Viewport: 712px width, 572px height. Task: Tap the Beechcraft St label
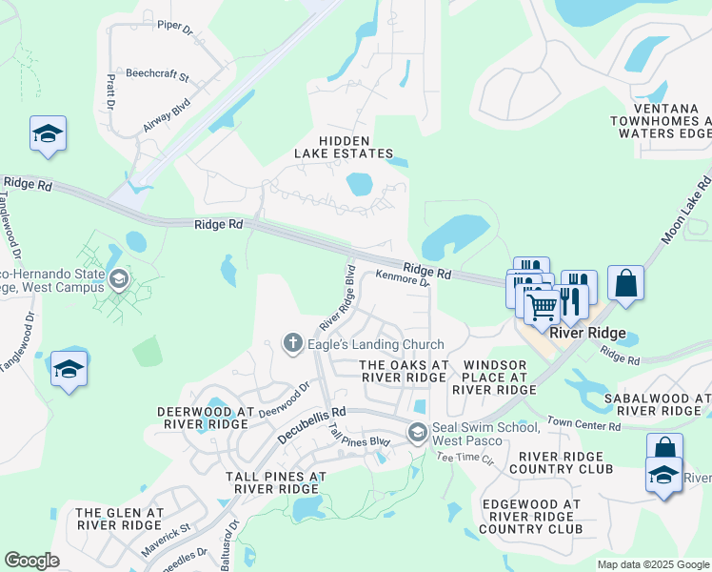pyautogui.click(x=158, y=72)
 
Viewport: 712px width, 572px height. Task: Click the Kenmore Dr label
pyautogui.click(x=403, y=278)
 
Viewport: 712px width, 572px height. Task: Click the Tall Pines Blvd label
pyautogui.click(x=359, y=439)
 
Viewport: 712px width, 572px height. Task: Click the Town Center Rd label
pyautogui.click(x=583, y=425)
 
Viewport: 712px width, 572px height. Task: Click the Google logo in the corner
pyautogui.click(x=31, y=561)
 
